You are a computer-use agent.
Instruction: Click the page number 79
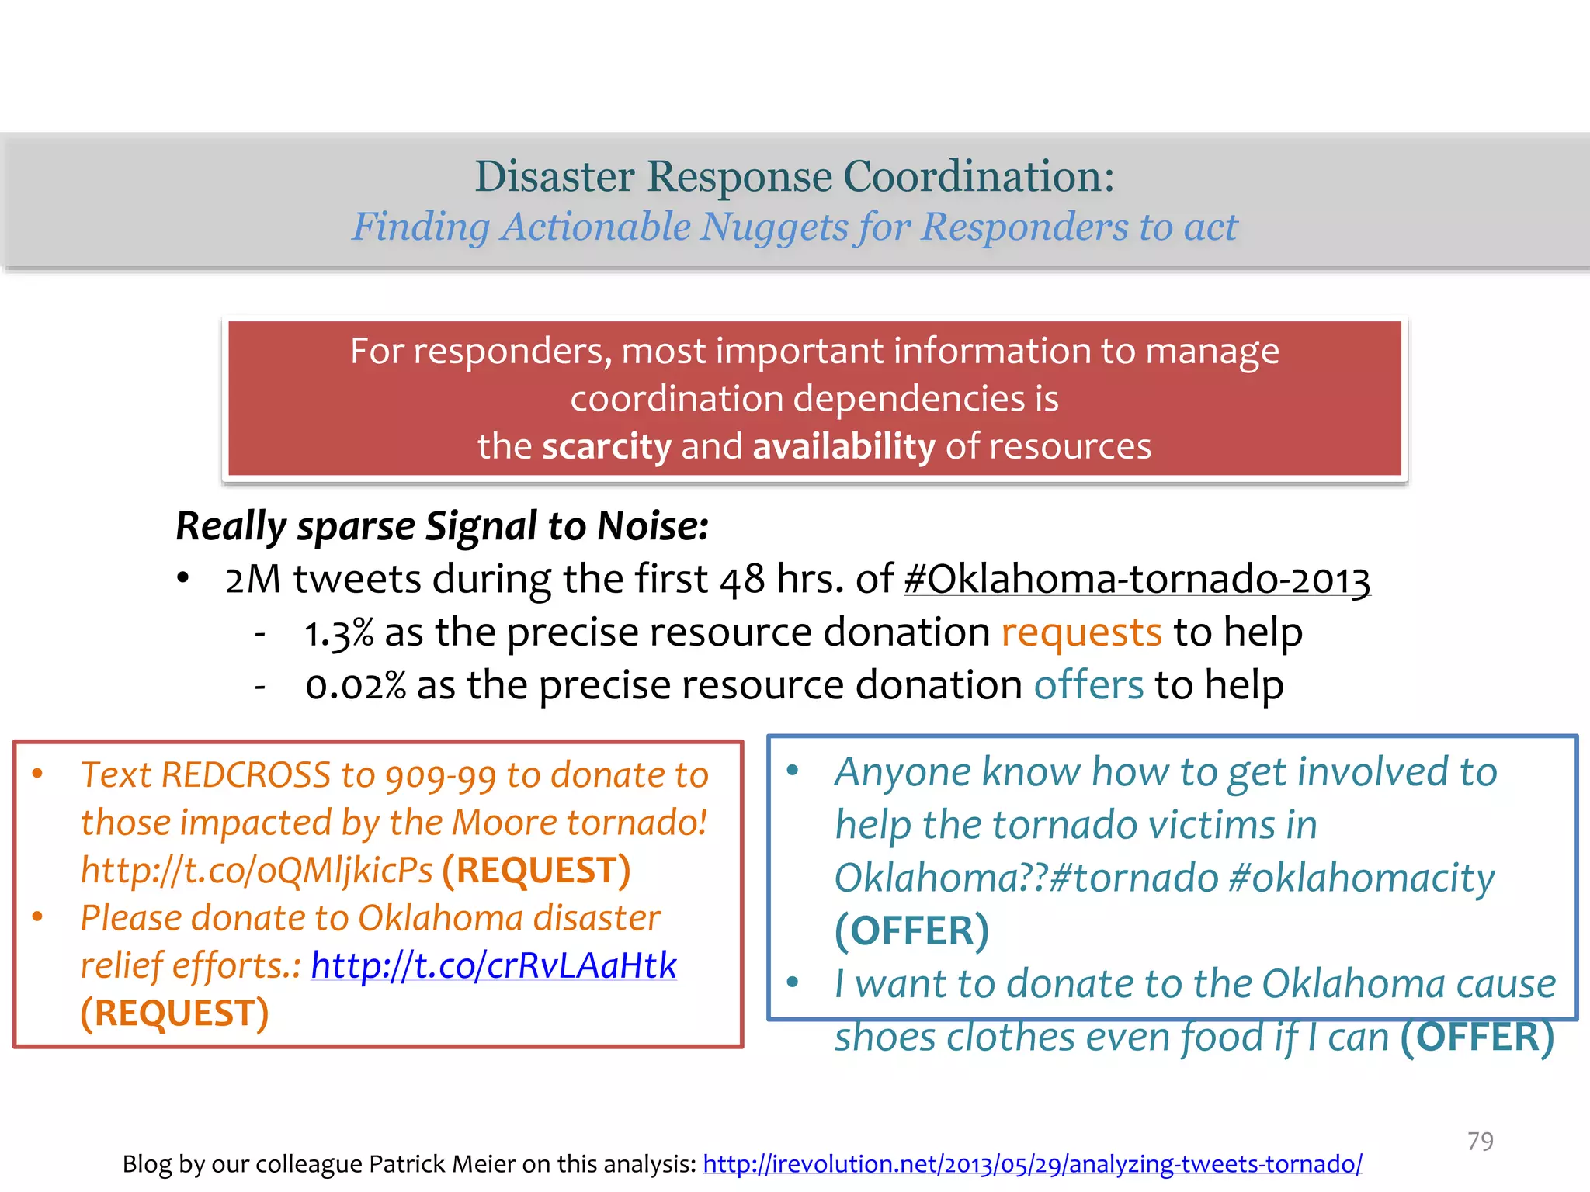pyautogui.click(x=1480, y=1141)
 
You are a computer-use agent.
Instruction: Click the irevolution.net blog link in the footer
pyautogui.click(x=1032, y=1163)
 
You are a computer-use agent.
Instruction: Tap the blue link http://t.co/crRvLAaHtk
pyautogui.click(x=494, y=965)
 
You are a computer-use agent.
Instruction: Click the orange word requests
pyautogui.click(x=1081, y=632)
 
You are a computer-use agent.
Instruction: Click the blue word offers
pyautogui.click(x=1088, y=685)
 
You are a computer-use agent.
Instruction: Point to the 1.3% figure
pyautogui.click(x=338, y=632)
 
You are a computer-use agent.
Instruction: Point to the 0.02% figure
pyautogui.click(x=356, y=686)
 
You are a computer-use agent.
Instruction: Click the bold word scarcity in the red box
pyautogui.click(x=606, y=447)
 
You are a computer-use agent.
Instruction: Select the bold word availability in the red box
pyautogui.click(x=844, y=447)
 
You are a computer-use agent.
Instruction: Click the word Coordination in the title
pyautogui.click(x=978, y=176)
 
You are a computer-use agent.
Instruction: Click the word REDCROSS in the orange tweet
pyautogui.click(x=246, y=775)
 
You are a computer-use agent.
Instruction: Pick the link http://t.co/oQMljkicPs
pyautogui.click(x=257, y=871)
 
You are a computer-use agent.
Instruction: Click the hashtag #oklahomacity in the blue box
pyautogui.click(x=1362, y=878)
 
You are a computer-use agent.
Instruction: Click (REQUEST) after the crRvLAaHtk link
pyautogui.click(x=175, y=1014)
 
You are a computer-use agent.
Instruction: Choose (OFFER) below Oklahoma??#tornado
pyautogui.click(x=911, y=930)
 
